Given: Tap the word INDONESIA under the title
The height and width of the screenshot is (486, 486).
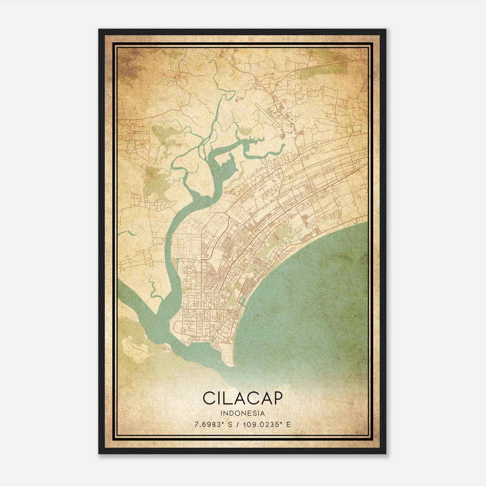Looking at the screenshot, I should (x=242, y=413).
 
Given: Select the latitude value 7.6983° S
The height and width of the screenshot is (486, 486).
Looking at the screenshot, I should (x=214, y=424).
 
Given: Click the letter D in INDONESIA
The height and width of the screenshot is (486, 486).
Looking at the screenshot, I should (x=233, y=413).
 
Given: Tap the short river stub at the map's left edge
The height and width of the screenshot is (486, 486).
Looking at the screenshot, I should (x=126, y=233).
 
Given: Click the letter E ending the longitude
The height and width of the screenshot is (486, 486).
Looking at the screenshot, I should (x=288, y=424).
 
